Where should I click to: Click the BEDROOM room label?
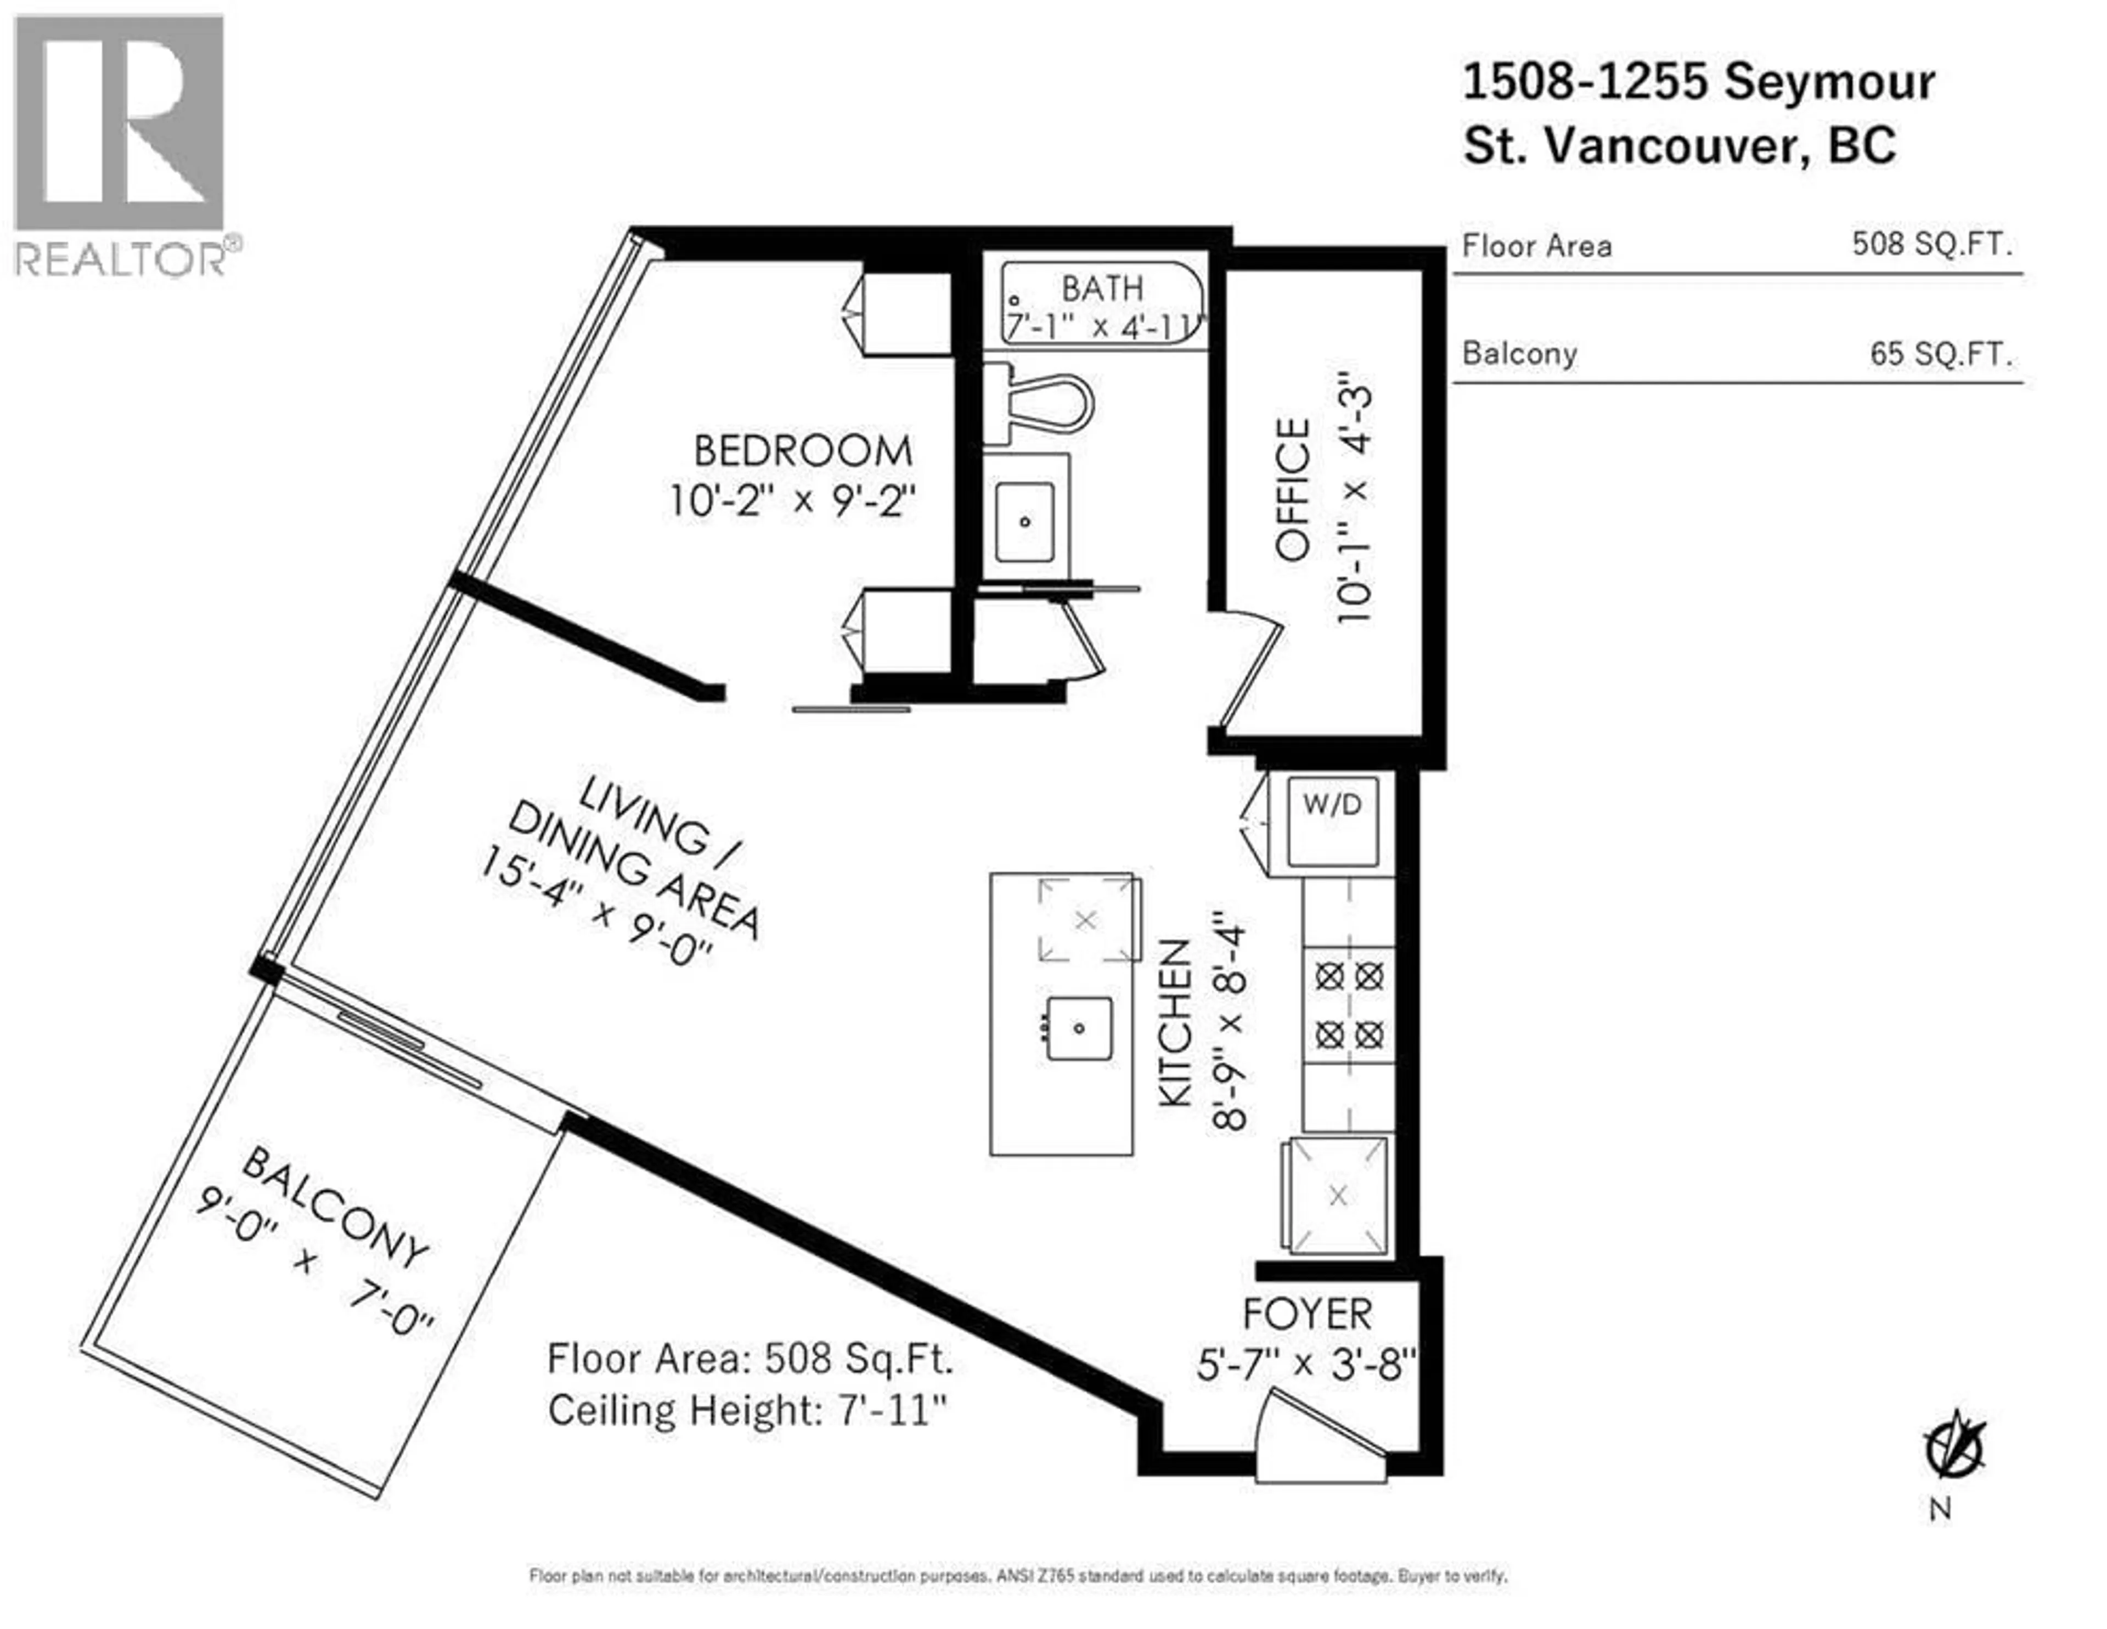click(803, 451)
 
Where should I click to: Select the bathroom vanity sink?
click(1024, 522)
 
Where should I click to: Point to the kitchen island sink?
click(1079, 1028)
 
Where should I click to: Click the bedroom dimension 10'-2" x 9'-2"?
click(793, 501)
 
